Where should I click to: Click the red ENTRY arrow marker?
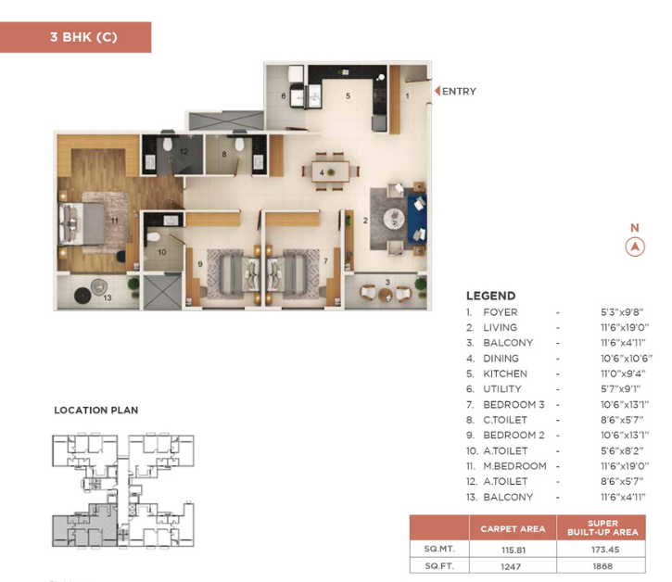(x=437, y=91)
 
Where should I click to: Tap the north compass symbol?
(x=635, y=247)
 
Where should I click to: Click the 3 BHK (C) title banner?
(x=75, y=37)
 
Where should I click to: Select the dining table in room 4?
(x=330, y=171)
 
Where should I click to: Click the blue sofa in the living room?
(x=416, y=219)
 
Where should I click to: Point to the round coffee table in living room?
(x=394, y=219)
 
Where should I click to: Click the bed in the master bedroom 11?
(x=82, y=223)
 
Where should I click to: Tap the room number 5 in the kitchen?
(x=348, y=96)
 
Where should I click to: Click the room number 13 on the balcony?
(x=108, y=297)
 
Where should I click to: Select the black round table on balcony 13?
(x=82, y=296)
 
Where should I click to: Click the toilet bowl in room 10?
(x=153, y=237)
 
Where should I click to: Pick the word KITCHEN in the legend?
(x=505, y=373)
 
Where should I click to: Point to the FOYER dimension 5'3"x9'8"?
(x=622, y=312)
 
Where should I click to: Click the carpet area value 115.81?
(x=513, y=550)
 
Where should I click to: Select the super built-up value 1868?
(x=602, y=566)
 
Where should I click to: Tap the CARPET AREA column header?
(x=513, y=529)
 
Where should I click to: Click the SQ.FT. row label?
(x=439, y=566)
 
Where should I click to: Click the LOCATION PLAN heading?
(x=96, y=411)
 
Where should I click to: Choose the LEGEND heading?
(x=490, y=296)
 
